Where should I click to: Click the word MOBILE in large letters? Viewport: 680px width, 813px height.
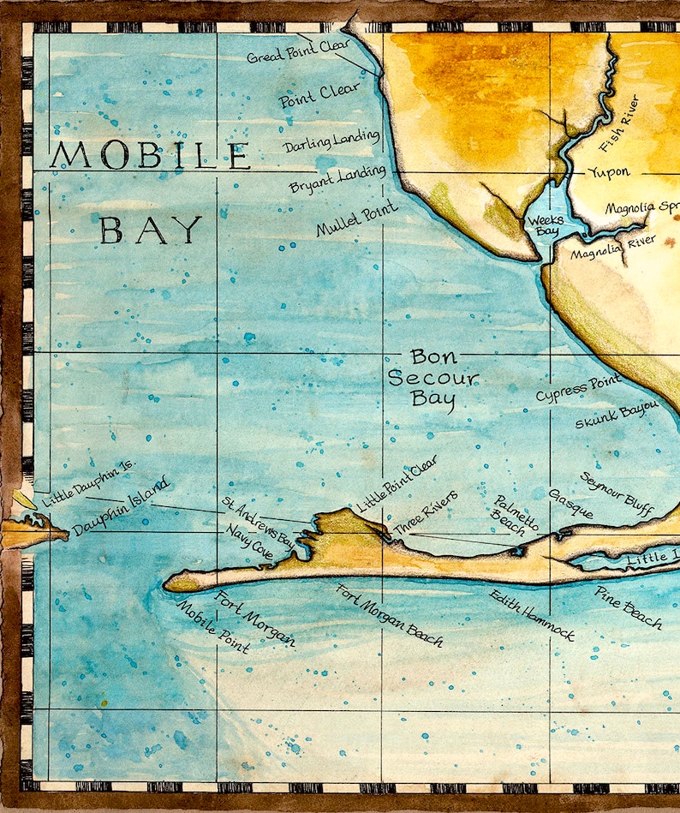tap(150, 156)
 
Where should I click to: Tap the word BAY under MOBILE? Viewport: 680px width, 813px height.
tap(151, 230)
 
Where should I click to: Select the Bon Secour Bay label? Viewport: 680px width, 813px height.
tap(432, 377)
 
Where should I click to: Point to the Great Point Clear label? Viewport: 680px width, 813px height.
tap(298, 51)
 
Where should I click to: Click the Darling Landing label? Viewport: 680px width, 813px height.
tap(331, 140)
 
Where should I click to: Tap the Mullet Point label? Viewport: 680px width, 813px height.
tap(356, 218)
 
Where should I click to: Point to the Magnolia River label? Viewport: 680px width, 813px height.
tap(613, 248)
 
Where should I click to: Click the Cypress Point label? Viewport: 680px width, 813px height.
tap(578, 389)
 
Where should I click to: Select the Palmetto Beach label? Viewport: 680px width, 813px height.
tap(515, 514)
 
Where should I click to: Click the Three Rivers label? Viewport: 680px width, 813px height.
tap(425, 511)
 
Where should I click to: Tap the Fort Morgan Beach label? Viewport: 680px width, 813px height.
tap(390, 615)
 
